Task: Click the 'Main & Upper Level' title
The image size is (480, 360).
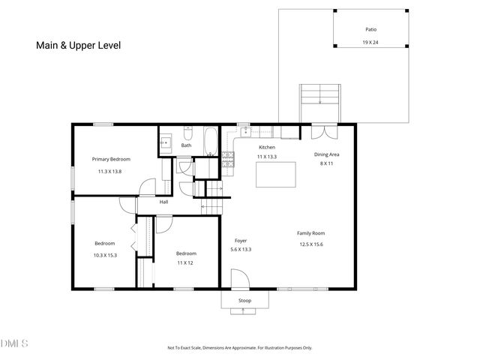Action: click(x=79, y=45)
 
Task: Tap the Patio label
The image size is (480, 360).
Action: click(x=370, y=29)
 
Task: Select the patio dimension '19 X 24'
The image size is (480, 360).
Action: click(x=370, y=43)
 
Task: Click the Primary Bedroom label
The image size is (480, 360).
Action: click(x=111, y=159)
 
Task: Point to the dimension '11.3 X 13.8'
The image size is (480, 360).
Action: click(x=109, y=172)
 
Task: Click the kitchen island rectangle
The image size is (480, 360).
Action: click(x=276, y=175)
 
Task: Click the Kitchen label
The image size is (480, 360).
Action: click(x=267, y=148)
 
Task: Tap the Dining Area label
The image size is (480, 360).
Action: click(x=327, y=154)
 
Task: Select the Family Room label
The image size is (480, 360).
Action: click(x=310, y=233)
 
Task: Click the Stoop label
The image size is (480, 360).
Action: click(x=244, y=301)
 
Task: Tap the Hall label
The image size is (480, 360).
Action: click(x=163, y=201)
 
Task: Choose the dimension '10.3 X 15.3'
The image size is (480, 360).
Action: click(x=105, y=256)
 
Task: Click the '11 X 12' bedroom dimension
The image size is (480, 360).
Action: click(x=185, y=263)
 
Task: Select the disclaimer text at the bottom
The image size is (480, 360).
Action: click(x=239, y=348)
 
